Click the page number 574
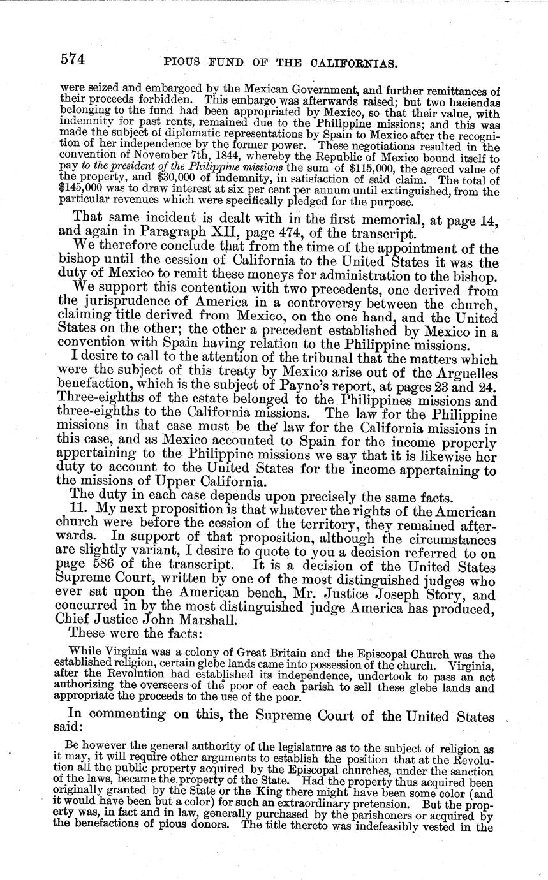point(73,61)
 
